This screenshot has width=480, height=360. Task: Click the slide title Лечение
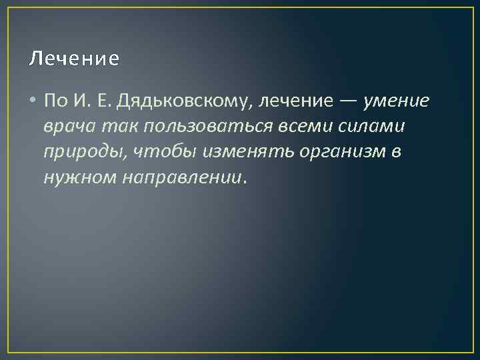(x=75, y=59)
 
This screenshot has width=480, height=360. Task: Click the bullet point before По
(x=33, y=101)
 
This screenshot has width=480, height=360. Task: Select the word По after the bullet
(x=55, y=101)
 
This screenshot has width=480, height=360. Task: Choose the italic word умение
(x=397, y=101)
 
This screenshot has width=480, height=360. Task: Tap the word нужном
(x=75, y=178)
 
